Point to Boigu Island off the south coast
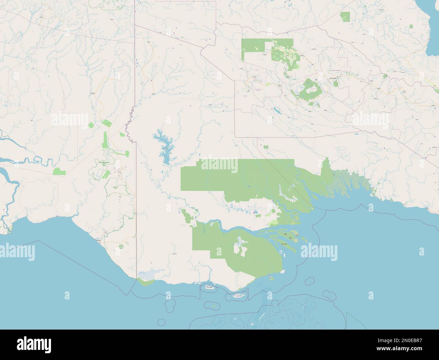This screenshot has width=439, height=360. (209, 287)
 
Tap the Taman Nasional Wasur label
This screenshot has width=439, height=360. (121, 246)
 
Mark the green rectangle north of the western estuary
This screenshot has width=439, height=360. (59, 171)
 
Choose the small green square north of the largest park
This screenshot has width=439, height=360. (266, 147)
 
